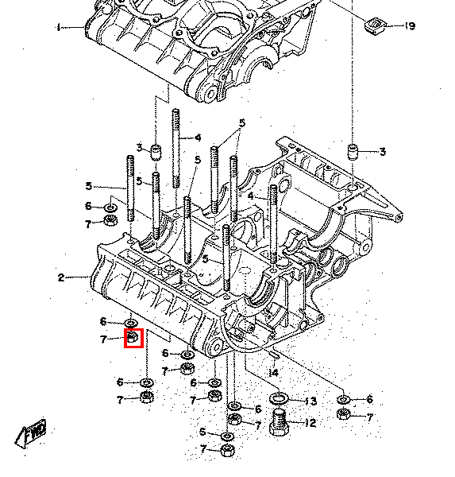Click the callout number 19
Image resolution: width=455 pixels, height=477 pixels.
(410, 26)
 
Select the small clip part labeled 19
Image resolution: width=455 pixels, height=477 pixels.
(375, 26)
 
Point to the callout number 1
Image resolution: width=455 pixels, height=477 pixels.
(59, 28)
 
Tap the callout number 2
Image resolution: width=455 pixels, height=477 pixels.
(61, 277)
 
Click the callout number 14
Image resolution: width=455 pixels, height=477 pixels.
(274, 373)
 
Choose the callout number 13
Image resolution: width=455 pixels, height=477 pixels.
(310, 401)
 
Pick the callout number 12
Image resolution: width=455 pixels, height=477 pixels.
(310, 423)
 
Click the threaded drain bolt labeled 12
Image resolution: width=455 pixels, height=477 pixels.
(279, 422)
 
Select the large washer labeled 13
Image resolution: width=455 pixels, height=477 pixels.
(279, 398)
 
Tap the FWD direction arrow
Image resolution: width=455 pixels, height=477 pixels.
(31, 433)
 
